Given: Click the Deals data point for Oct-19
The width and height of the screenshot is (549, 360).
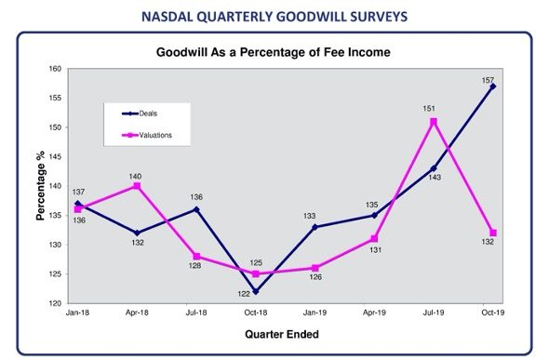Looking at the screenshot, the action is (x=493, y=87).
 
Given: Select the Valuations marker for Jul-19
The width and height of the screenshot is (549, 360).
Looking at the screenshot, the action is (x=434, y=122).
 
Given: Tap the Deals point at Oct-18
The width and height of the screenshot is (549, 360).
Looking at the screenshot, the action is (x=256, y=291).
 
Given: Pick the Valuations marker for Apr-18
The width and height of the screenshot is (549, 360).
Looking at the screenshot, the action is (x=137, y=186).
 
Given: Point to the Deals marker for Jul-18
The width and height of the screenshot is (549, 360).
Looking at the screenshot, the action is (x=196, y=209).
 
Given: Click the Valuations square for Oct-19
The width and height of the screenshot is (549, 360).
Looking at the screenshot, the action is (x=493, y=233).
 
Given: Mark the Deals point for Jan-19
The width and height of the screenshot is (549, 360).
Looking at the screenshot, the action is (x=315, y=227).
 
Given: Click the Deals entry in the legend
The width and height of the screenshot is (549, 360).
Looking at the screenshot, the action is (x=140, y=113).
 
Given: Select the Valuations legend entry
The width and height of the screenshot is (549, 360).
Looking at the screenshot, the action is (x=147, y=135).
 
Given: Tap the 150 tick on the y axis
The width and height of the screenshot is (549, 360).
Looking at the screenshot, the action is (x=55, y=127).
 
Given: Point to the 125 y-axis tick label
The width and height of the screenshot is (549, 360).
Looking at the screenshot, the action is (x=55, y=273).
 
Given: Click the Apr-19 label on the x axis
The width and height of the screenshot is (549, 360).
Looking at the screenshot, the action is (x=374, y=313).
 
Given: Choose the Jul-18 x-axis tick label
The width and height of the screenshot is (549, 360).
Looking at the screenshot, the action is (x=196, y=313).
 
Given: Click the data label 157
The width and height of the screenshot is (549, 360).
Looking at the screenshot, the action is (x=488, y=81).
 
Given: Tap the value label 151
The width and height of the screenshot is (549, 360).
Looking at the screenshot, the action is (x=429, y=109).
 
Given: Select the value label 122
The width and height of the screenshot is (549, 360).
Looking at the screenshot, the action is (x=244, y=294).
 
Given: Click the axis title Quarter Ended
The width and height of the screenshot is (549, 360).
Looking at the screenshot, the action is (x=282, y=334).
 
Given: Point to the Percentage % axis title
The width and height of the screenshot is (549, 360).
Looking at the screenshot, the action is (x=41, y=185).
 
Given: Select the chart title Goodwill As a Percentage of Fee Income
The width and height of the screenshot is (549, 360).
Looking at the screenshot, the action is (x=273, y=52).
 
